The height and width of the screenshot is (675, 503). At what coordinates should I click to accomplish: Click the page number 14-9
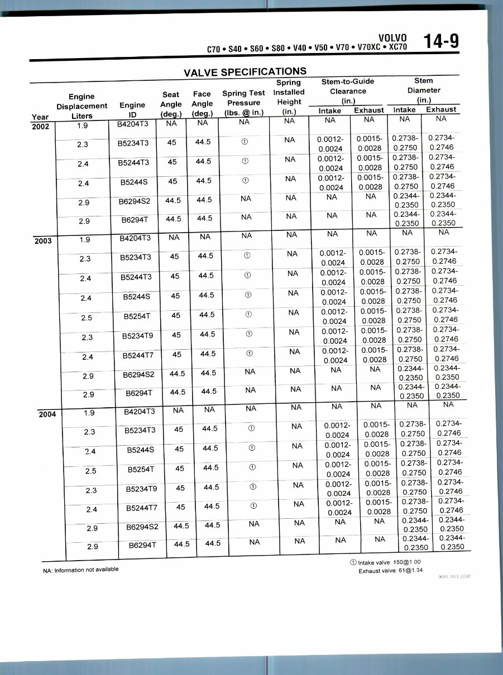pyautogui.click(x=440, y=41)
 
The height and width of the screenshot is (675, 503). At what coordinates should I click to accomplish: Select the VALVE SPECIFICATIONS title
pyautogui.click(x=245, y=72)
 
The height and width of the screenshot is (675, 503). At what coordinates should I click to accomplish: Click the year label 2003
pyautogui.click(x=44, y=241)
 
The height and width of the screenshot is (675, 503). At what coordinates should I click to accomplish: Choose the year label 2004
pyautogui.click(x=47, y=414)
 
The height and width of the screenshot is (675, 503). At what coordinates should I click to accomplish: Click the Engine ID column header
pyautogui.click(x=132, y=110)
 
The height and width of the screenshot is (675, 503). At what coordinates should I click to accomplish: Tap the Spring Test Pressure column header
pyautogui.click(x=243, y=103)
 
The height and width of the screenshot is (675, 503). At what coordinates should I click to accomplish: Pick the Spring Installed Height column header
pyautogui.click(x=289, y=97)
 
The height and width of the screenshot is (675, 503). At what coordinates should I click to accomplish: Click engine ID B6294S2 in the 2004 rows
pyautogui.click(x=143, y=526)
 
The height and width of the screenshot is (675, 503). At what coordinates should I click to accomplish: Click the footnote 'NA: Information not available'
pyautogui.click(x=81, y=570)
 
